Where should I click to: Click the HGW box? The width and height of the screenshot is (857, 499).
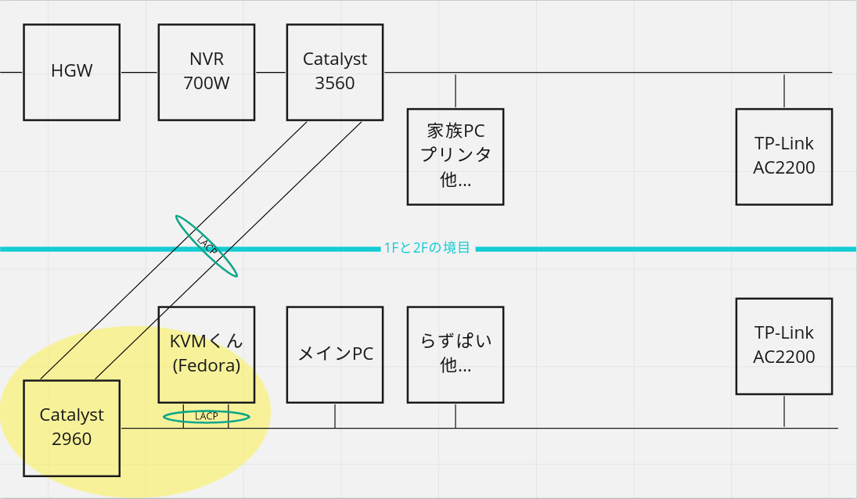[x=71, y=72]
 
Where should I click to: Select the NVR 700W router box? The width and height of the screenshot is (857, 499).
[x=207, y=72]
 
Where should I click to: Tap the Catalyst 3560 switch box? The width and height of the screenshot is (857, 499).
[x=335, y=72]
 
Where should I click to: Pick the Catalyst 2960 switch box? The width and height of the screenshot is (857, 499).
[x=71, y=428]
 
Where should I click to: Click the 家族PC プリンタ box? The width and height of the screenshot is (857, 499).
[x=456, y=156]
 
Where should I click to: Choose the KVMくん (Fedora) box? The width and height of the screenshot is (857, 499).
[x=207, y=354]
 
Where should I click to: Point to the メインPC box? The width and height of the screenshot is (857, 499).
[x=335, y=354]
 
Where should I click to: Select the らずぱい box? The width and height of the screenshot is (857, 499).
[x=456, y=354]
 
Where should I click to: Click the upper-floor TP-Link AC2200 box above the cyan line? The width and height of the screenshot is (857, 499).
[x=784, y=156]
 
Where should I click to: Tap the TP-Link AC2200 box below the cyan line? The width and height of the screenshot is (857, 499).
[x=784, y=346]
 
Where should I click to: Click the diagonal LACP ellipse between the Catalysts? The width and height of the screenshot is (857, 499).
[x=207, y=246]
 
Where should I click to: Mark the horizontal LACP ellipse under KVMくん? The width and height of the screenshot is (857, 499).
[x=207, y=417]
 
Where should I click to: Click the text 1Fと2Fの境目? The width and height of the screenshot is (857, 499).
[x=427, y=249]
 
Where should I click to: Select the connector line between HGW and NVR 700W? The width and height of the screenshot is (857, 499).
[x=139, y=72]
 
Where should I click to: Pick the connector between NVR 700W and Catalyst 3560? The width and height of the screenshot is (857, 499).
[x=271, y=72]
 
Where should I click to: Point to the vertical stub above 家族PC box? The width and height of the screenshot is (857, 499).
[x=456, y=91]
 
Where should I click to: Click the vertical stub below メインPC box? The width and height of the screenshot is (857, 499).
[x=335, y=415]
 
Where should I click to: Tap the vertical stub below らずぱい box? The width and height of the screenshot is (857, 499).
[x=456, y=415]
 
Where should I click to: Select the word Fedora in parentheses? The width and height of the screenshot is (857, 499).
[x=207, y=365]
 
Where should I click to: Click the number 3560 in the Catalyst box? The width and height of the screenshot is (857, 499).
[x=335, y=84]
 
